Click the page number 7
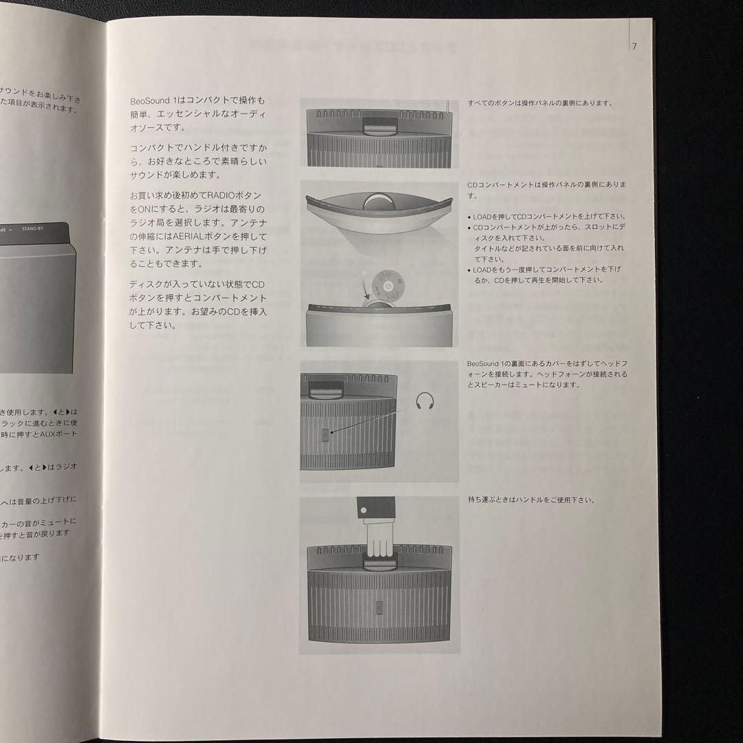pyautogui.click(x=634, y=46)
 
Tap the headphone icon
pyautogui.click(x=425, y=400)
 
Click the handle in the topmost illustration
pyautogui.click(x=376, y=126)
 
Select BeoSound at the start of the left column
pyautogui.click(x=147, y=100)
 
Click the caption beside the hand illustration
pyautogui.click(x=530, y=499)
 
